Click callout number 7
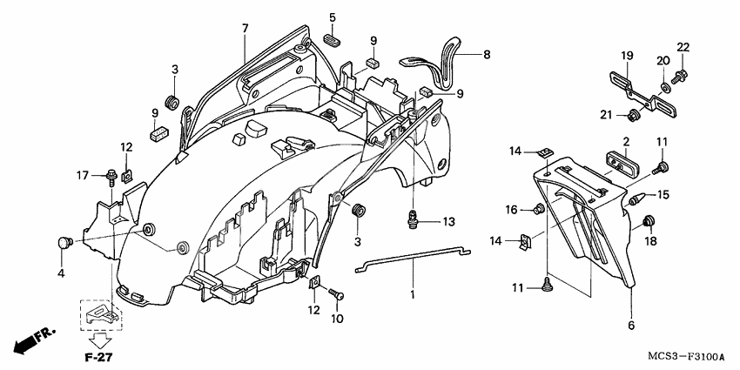point(246,29)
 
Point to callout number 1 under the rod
point(414,296)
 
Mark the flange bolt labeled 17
point(112,178)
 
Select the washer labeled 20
point(665,87)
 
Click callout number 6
point(632,326)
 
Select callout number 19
point(626,56)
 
